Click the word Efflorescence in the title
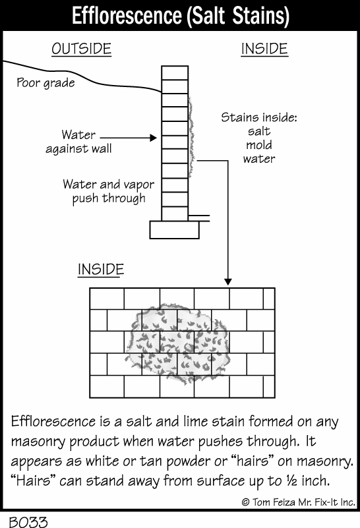[x=127, y=16]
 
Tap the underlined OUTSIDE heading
[x=82, y=49]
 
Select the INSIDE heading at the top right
[x=264, y=49]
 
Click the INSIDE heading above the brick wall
[x=101, y=270]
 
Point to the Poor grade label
[x=45, y=83]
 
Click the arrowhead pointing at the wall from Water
[x=154, y=137]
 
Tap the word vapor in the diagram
[x=138, y=185]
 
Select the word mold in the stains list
[x=259, y=145]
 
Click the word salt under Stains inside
[x=259, y=131]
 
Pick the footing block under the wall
[x=175, y=229]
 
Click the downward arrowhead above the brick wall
[x=228, y=281]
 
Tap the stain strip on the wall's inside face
[x=191, y=136]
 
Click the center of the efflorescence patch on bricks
[x=177, y=343]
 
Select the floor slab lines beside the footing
[x=198, y=218]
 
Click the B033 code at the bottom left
[x=28, y=521]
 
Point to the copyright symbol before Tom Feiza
[x=245, y=502]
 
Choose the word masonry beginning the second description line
[x=38, y=442]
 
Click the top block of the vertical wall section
[x=175, y=73]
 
